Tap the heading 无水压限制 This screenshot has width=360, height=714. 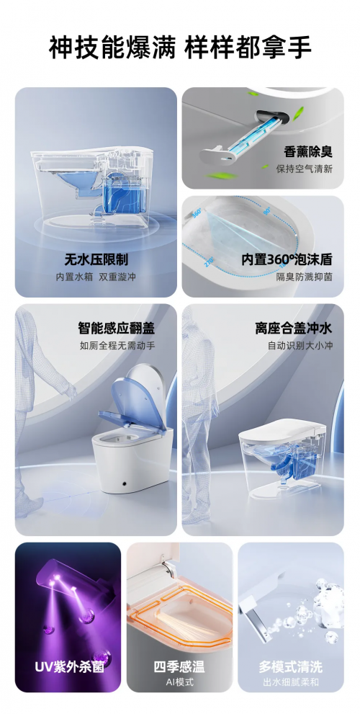96,259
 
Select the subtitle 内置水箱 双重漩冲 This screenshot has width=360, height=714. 96,277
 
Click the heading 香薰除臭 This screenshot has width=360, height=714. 307,151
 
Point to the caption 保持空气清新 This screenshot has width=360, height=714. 304,169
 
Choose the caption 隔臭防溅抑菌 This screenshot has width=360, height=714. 304,277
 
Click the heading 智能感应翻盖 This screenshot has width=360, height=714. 117,328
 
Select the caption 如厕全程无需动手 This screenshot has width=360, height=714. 117,346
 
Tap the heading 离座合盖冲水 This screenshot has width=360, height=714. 294,328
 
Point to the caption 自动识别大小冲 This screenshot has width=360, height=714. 300,346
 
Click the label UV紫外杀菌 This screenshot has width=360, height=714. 69,667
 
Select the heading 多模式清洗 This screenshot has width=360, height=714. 291,667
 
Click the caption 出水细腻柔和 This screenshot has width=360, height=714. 291,682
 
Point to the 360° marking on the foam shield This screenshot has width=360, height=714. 198,213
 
